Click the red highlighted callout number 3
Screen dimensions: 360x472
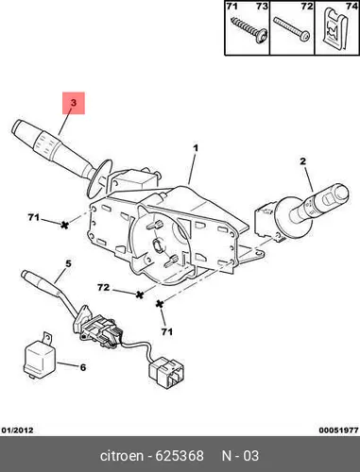pos(74,103)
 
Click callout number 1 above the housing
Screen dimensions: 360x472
pos(196,147)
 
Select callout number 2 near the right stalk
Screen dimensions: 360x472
pos(302,161)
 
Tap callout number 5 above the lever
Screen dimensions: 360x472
pos(68,263)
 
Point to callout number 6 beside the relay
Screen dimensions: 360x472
pos(82,367)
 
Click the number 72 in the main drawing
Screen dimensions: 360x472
pos(103,287)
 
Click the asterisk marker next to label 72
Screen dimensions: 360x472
pos(140,295)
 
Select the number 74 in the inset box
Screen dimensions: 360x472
pos(351,6)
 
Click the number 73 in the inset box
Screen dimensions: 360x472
pos(262,6)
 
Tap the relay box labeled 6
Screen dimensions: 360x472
pos(40,357)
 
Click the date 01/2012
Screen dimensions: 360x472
pos(17,430)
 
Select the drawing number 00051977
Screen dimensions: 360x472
pos(338,430)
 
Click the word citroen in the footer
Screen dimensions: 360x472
pos(122,456)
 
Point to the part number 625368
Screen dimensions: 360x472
pos(180,456)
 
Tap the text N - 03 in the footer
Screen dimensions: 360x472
pos(240,456)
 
